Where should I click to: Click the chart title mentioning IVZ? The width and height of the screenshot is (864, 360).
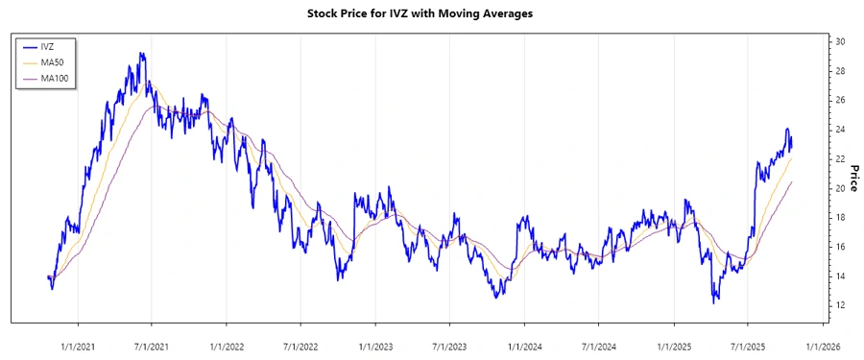point(431,13)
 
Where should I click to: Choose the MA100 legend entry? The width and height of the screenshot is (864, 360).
point(54,78)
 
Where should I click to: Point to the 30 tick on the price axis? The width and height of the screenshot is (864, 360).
point(839,41)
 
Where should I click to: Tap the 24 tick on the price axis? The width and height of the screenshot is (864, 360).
point(839,130)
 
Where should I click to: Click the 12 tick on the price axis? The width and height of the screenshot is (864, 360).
point(839,305)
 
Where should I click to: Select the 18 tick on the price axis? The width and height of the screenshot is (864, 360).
point(839,217)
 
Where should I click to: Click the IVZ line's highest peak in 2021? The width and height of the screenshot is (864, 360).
point(142,53)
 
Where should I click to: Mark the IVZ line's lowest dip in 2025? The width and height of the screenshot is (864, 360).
point(714,303)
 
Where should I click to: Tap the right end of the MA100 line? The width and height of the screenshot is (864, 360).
point(792,180)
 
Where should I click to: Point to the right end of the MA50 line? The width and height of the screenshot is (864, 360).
point(792,157)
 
